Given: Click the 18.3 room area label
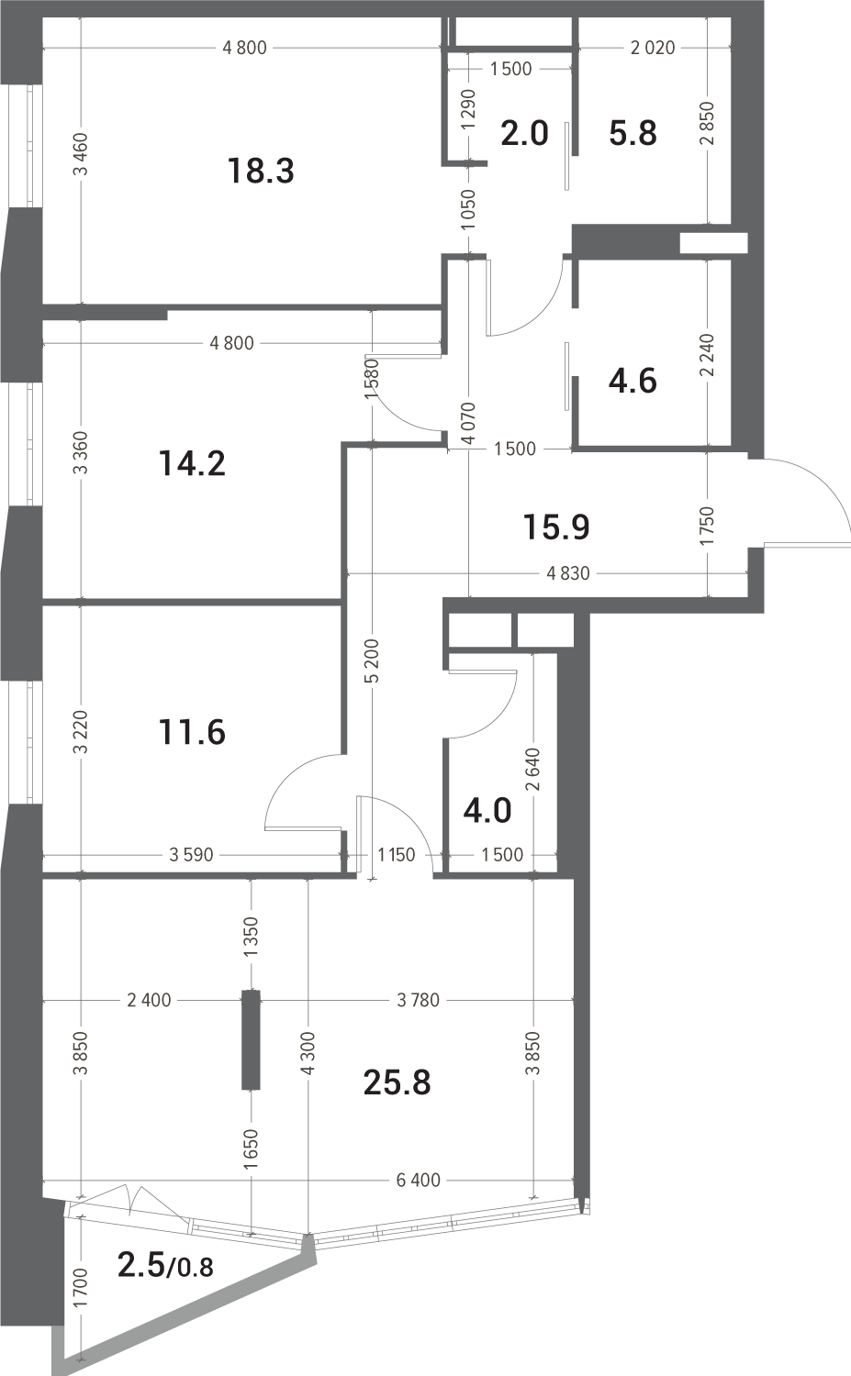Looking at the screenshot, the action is [261, 171].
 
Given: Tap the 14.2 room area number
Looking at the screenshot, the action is [192, 463].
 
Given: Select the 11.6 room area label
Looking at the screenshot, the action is [192, 732].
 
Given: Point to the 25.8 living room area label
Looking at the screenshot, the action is [397, 1082].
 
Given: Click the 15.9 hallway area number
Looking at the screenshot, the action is [556, 527].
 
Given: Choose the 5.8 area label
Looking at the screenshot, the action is [633, 133].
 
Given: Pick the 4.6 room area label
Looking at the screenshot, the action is [633, 381].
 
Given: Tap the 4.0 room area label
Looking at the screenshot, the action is [487, 811].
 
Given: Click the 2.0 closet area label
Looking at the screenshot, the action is [524, 133].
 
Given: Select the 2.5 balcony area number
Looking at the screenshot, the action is [140, 1265].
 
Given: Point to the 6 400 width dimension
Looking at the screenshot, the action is [418, 1180].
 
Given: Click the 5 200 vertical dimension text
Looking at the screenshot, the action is [374, 660].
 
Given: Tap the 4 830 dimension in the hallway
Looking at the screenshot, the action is [568, 573].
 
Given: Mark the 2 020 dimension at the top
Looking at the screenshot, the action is [653, 48].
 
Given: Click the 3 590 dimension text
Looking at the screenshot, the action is [191, 854].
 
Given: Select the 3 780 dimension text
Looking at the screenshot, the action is [418, 1000].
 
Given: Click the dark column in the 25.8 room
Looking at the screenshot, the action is [251, 1039].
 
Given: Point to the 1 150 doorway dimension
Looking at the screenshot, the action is [396, 854].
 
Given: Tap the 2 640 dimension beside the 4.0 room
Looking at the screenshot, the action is [532, 769].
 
